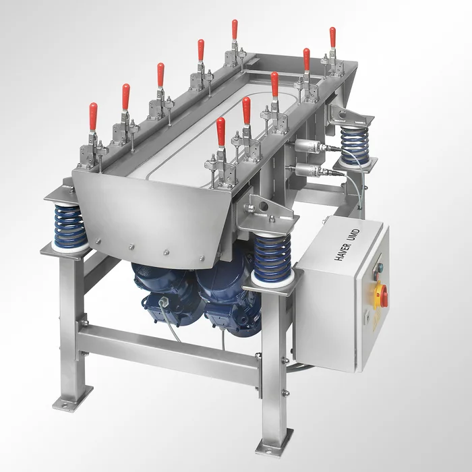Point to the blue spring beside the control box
click(x=272, y=253)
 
